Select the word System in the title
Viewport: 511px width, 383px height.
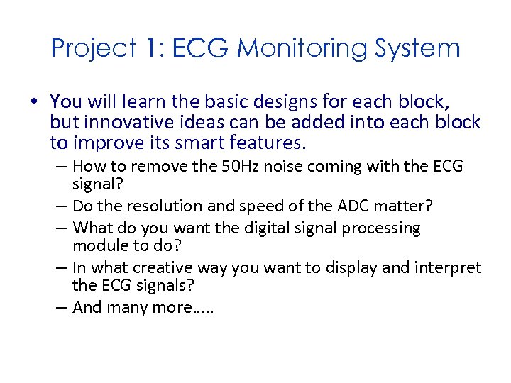click(419, 49)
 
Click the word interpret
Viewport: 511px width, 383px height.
click(449, 268)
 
